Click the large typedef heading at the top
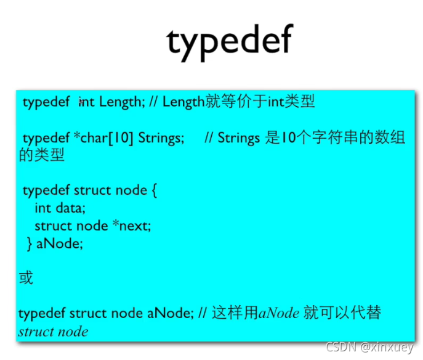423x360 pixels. tap(230, 42)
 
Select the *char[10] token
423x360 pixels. tap(103, 137)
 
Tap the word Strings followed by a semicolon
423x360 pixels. tap(161, 137)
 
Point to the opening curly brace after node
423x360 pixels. tap(154, 190)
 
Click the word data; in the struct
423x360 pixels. tap(70, 208)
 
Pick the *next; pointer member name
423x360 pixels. tap(131, 226)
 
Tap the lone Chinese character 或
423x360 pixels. tap(26, 278)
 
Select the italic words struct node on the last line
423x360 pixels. tap(53, 332)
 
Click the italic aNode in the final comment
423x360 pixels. tap(279, 313)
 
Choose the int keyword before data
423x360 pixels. tap(42, 208)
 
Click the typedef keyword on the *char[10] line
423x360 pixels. tap(46, 137)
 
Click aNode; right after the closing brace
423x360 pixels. tap(60, 243)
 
